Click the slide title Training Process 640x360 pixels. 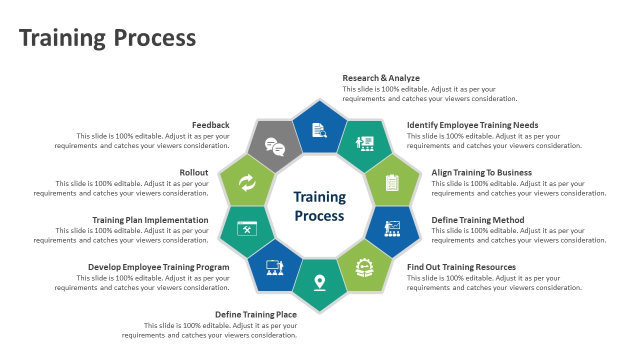pyautogui.click(x=107, y=38)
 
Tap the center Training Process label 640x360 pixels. pyautogui.click(x=319, y=206)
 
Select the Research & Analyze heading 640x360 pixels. pyautogui.click(x=381, y=78)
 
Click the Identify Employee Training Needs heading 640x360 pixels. pyautogui.click(x=472, y=125)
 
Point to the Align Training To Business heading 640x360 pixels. pyautogui.click(x=481, y=172)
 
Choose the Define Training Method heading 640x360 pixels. pyautogui.click(x=477, y=220)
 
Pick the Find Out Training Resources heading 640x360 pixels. pyautogui.click(x=461, y=267)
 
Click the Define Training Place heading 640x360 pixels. pyautogui.click(x=256, y=314)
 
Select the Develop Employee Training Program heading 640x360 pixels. pyautogui.click(x=158, y=267)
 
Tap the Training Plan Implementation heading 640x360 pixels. pyautogui.click(x=150, y=220)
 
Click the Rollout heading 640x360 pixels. pyautogui.click(x=194, y=172)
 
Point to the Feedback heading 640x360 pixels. pyautogui.click(x=210, y=125)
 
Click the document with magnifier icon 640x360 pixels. pyautogui.click(x=319, y=130)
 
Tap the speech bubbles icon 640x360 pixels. pyautogui.click(x=274, y=146)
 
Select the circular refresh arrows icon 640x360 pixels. pyautogui.click(x=247, y=183)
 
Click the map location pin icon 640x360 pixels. pyautogui.click(x=319, y=282)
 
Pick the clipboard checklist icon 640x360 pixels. pyautogui.click(x=392, y=183)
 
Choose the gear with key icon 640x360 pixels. pyautogui.click(x=364, y=267)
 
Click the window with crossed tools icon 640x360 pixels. pyautogui.click(x=247, y=228)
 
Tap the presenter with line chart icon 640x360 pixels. pyautogui.click(x=392, y=228)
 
